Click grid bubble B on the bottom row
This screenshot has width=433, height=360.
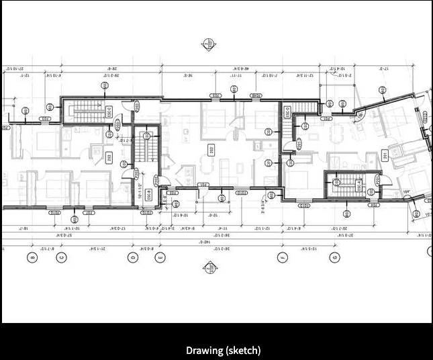(x=31, y=257)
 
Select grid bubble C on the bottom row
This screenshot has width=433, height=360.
(x=62, y=257)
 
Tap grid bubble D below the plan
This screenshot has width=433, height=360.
(x=134, y=257)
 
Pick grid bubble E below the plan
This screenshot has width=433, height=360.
(x=160, y=257)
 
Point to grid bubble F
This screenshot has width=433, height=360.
(x=283, y=257)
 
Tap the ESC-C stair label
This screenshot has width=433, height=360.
(x=109, y=111)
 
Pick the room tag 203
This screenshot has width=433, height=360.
(x=109, y=159)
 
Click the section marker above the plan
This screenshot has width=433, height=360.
(x=208, y=44)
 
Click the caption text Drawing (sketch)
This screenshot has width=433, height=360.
(x=223, y=350)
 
